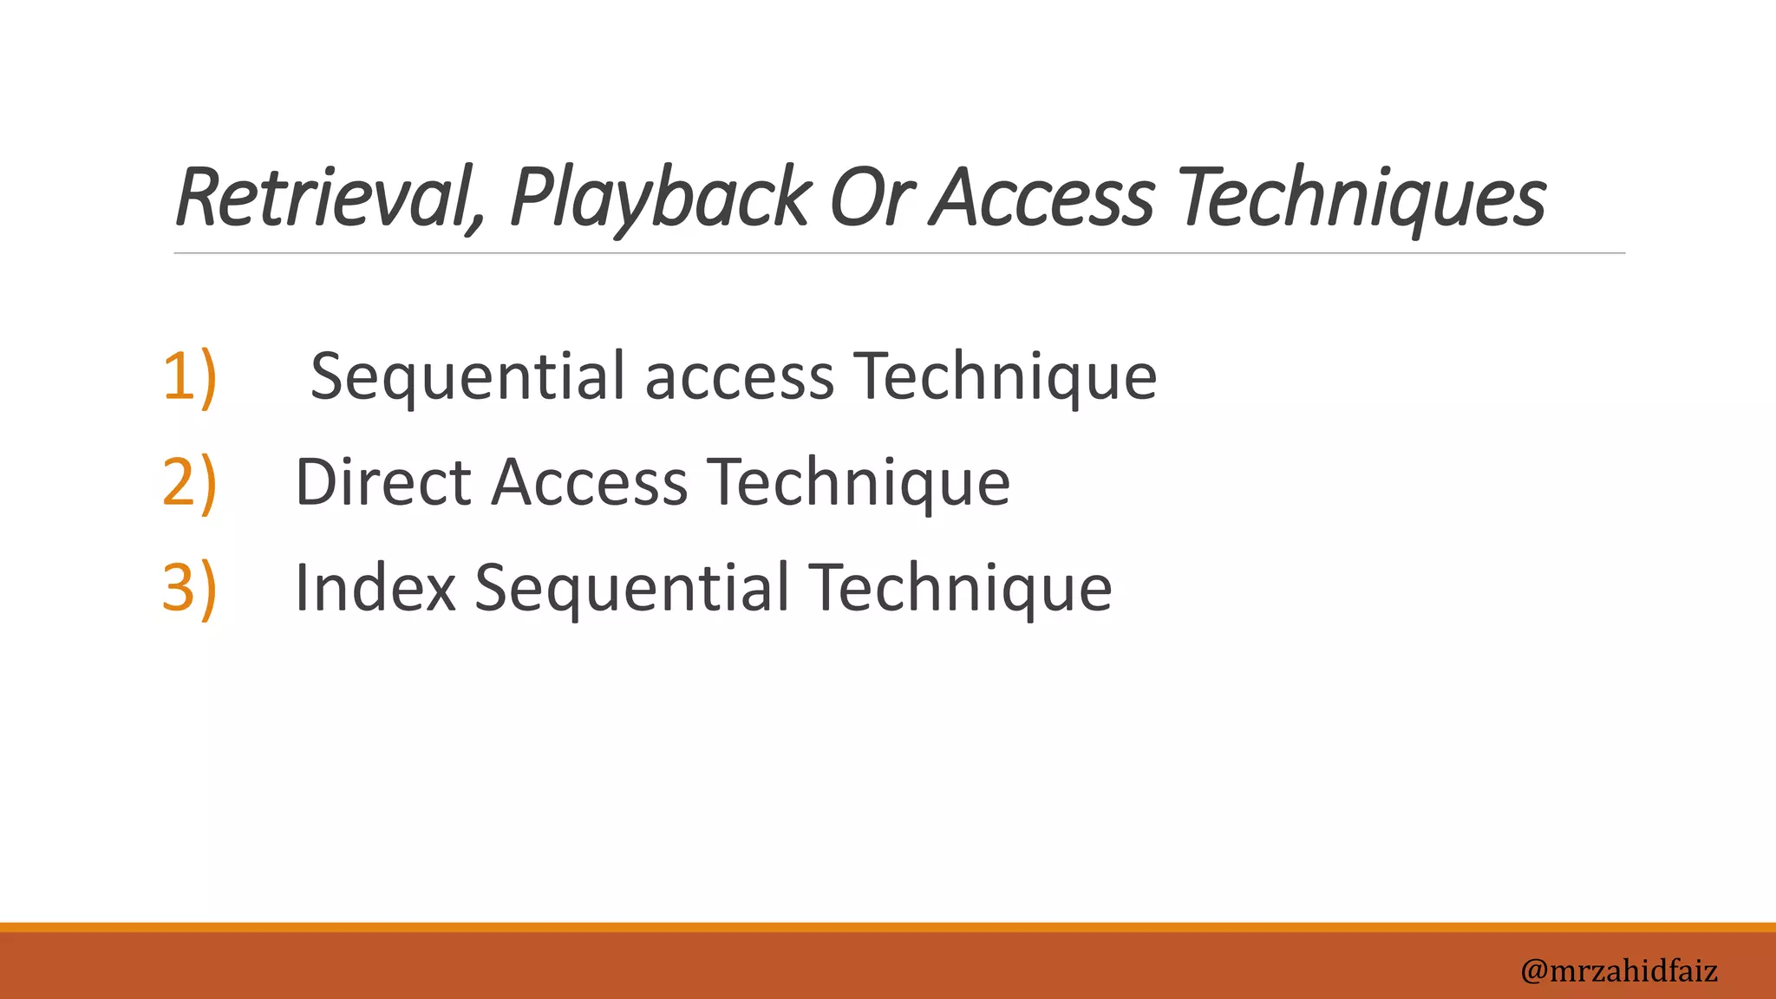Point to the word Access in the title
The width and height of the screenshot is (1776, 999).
click(1042, 198)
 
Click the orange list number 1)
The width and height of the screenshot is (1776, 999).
click(189, 376)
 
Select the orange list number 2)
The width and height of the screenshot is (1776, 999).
click(189, 482)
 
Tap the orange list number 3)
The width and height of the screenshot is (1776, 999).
click(189, 588)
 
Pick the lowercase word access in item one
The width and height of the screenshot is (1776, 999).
click(739, 378)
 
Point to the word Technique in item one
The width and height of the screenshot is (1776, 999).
click(1005, 378)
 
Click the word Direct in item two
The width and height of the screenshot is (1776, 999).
click(382, 482)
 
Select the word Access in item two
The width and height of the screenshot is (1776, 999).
click(590, 482)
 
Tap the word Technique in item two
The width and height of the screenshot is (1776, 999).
click(859, 482)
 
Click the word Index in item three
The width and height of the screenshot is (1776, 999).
click(375, 588)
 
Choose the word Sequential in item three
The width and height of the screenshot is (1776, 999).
click(631, 588)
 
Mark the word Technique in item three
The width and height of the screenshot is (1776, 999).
click(960, 588)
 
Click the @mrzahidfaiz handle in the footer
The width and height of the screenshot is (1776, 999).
click(1618, 970)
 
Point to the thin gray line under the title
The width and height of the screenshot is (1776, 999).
click(898, 253)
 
